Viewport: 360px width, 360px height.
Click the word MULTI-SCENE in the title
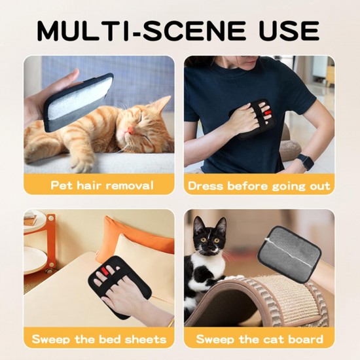point(141,31)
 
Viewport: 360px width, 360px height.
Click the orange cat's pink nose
point(131,130)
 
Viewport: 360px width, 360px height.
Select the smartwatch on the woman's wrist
point(304,162)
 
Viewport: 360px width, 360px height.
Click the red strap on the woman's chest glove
point(268,113)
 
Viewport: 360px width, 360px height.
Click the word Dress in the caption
point(206,185)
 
